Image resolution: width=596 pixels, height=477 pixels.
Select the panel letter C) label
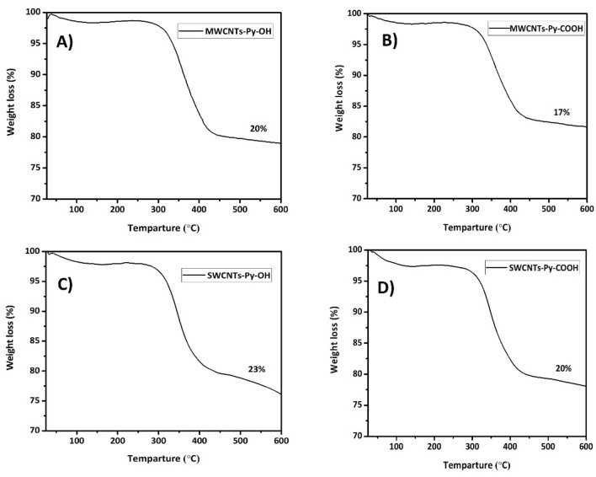click(67, 283)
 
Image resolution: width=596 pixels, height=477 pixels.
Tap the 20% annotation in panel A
click(258, 129)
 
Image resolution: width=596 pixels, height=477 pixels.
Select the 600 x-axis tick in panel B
click(586, 208)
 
